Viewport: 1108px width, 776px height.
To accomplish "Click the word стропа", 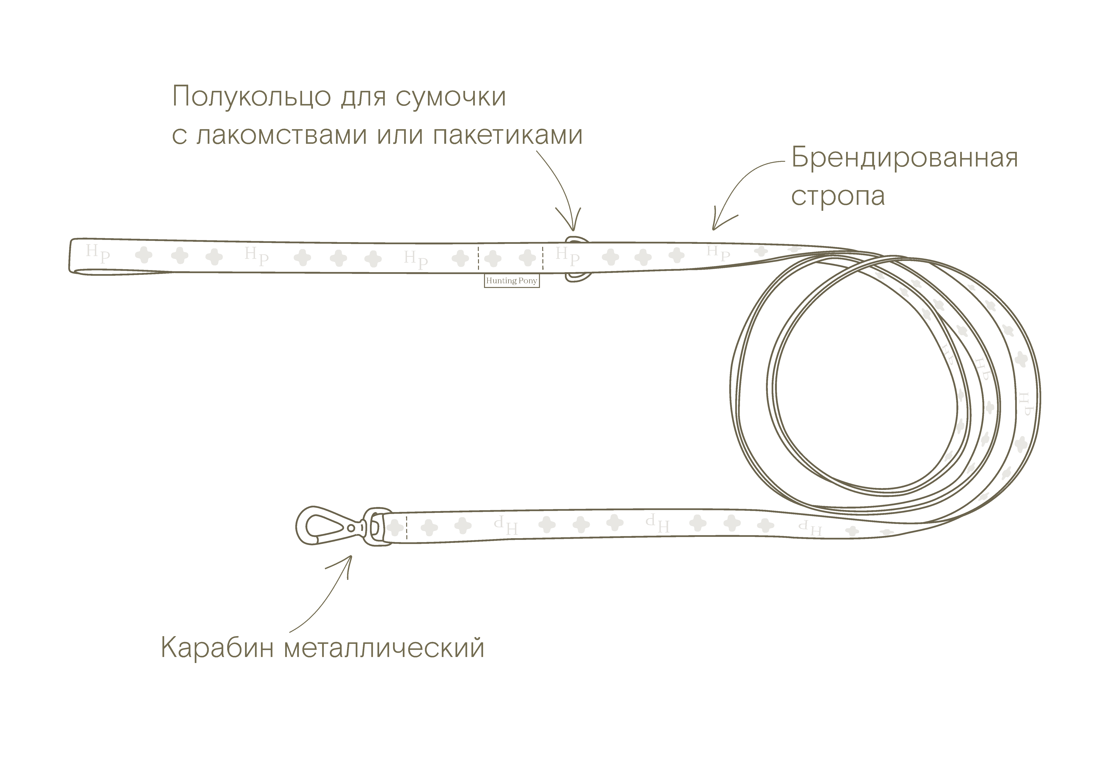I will click(x=838, y=196).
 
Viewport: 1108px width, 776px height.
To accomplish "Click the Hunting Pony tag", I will click(x=512, y=281).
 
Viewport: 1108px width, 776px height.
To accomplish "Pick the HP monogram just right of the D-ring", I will click(x=568, y=256).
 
